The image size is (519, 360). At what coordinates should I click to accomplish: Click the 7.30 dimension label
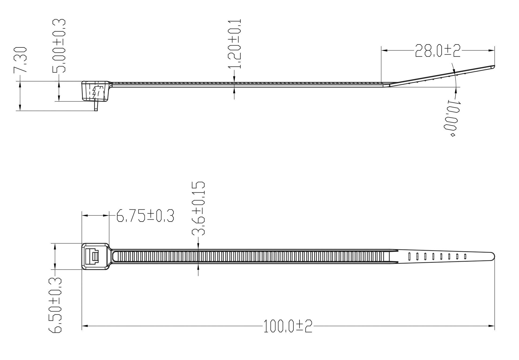pos(20,60)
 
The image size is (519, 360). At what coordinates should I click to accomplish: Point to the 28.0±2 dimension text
pos(438,51)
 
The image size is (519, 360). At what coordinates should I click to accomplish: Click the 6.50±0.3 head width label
pos(55,305)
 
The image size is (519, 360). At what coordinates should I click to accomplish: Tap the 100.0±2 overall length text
pos(288,326)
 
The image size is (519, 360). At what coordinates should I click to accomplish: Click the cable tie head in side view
pos(95,91)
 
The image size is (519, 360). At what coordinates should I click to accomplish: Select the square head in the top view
pos(95,256)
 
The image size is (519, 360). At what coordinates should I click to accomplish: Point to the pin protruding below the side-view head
pos(96,106)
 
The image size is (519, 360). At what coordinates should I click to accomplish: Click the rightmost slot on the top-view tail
pos(465,256)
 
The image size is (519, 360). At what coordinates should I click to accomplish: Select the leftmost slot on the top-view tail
pos(409,256)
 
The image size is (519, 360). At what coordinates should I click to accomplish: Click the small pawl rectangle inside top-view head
pos(95,257)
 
